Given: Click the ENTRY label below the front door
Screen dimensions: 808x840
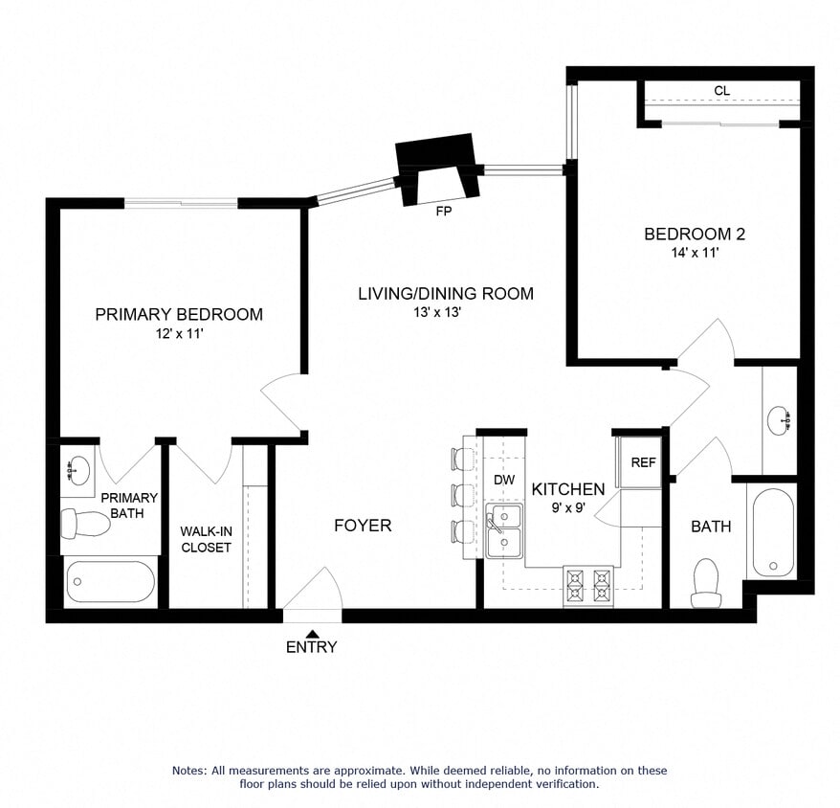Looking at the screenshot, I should (312, 647).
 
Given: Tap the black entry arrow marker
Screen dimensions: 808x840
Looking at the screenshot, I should (313, 632).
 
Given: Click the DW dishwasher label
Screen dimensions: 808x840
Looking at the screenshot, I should (503, 479).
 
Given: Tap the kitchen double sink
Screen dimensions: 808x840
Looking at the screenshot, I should (503, 530).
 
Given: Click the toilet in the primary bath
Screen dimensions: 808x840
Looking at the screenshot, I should (85, 523).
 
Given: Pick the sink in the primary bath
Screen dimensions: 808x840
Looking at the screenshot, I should (77, 470).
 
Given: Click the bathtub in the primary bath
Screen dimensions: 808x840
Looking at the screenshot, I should (110, 581).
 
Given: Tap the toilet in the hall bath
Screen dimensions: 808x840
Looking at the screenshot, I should (706, 583).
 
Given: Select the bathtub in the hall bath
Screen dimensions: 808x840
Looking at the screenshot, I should (772, 531).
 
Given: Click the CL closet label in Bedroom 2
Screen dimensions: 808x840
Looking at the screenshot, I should (721, 91).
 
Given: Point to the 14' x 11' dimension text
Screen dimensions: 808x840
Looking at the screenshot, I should (694, 253).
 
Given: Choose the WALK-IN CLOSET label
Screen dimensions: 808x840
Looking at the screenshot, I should (206, 539).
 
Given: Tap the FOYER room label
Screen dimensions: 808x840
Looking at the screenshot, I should (363, 526).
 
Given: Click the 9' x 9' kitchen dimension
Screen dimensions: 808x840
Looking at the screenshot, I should (568, 508).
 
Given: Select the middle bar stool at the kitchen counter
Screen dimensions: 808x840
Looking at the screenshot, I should (463, 495).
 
